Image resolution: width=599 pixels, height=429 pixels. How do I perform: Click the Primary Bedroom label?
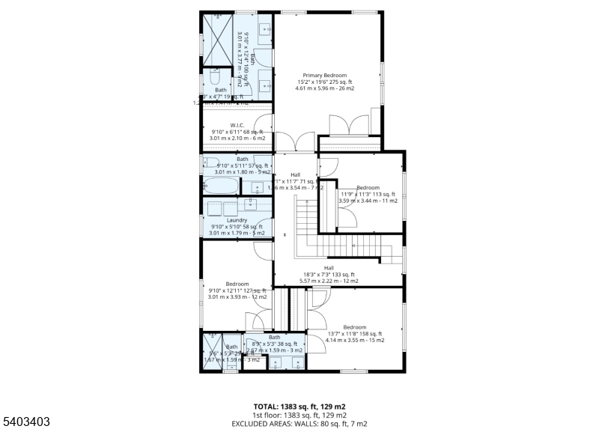coord(324,76)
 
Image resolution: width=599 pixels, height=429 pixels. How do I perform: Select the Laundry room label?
coord(237,220)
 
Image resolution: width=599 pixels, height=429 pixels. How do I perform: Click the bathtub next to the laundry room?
coord(222,186)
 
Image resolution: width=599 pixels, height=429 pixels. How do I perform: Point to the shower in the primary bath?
coord(219,39)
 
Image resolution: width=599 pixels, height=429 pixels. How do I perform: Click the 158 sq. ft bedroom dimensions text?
coord(354,334)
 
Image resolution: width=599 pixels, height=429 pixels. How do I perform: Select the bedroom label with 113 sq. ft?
coord(368,188)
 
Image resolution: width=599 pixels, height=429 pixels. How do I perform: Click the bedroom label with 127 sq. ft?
coord(237,284)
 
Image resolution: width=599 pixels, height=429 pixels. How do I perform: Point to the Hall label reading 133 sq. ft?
coord(329,267)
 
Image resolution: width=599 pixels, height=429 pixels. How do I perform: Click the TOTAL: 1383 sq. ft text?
coord(299,407)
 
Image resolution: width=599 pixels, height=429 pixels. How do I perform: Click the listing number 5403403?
coord(25,422)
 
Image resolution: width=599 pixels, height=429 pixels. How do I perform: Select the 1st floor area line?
coord(299,415)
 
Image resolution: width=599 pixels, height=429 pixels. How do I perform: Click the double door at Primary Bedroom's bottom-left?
coord(294,142)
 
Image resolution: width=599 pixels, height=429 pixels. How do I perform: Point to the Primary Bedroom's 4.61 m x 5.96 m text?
coord(324,88)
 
